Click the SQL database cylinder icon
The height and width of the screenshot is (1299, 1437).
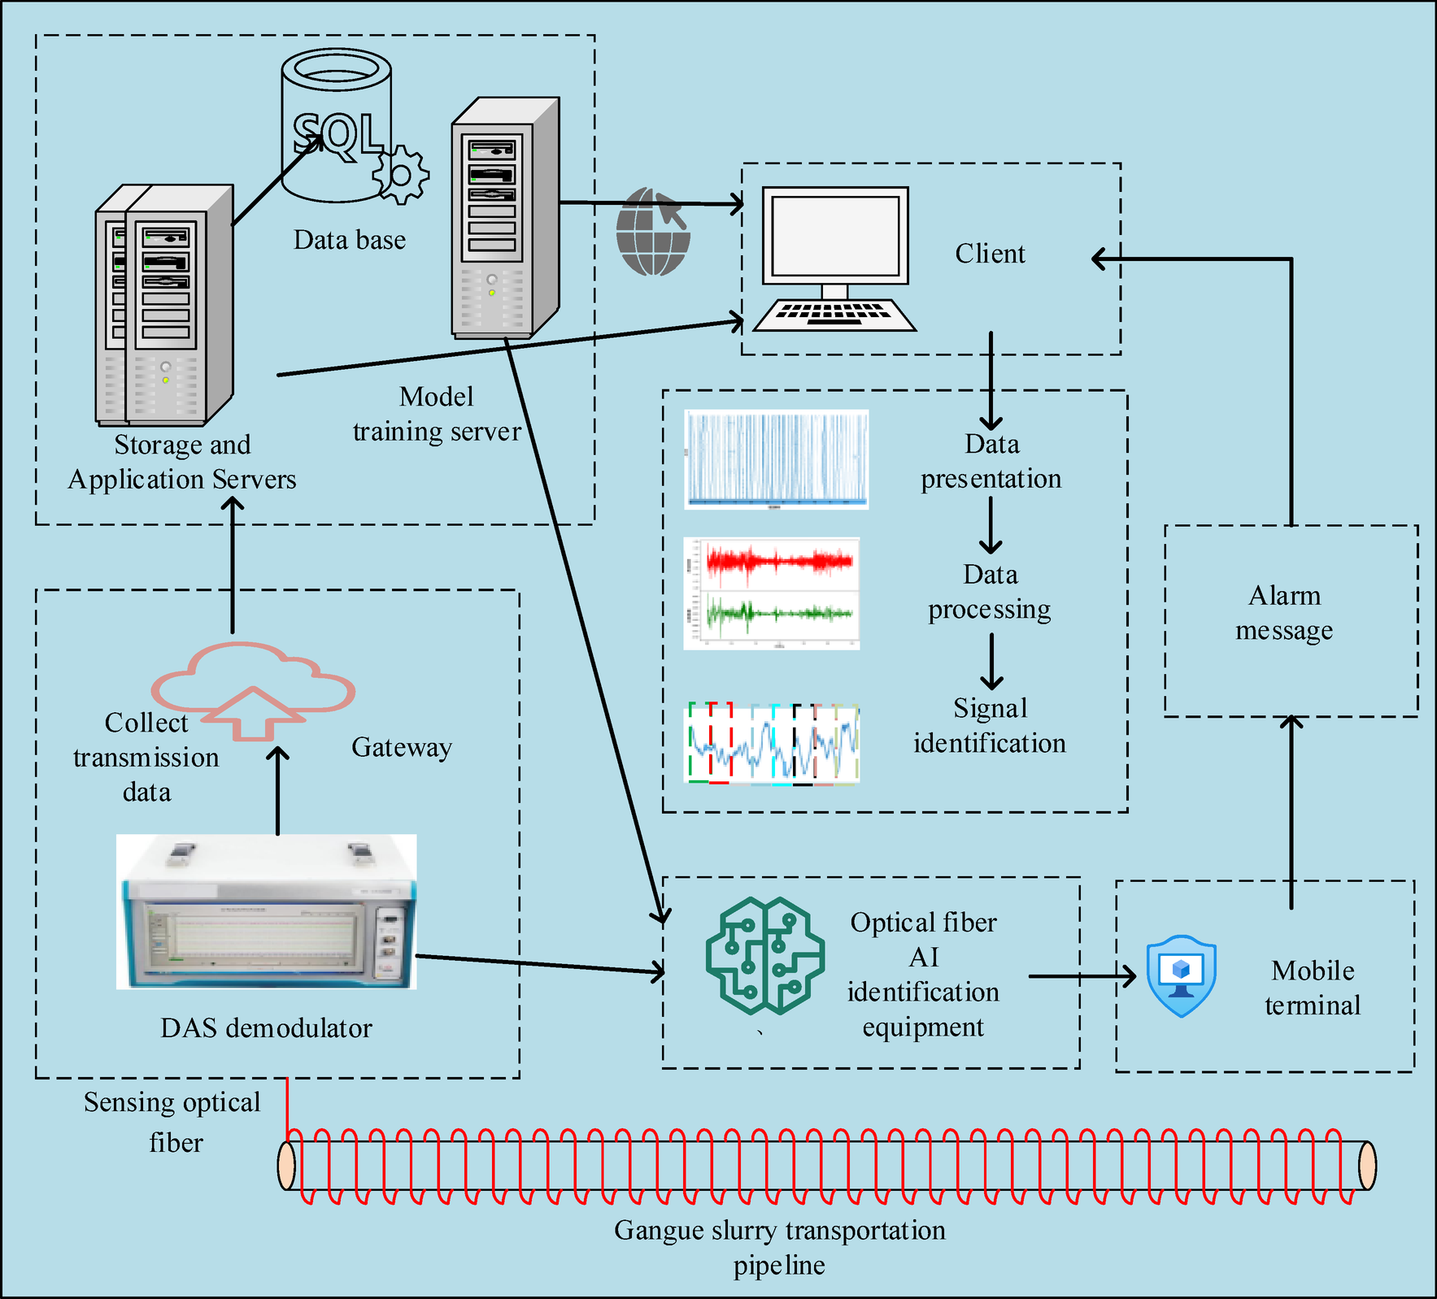(336, 122)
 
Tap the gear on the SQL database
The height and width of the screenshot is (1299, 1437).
(401, 175)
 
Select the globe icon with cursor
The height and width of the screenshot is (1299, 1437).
(652, 232)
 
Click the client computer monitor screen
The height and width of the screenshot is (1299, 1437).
(834, 236)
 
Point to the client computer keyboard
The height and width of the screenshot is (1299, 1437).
(834, 314)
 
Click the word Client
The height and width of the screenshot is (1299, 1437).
(990, 254)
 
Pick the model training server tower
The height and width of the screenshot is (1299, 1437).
(504, 218)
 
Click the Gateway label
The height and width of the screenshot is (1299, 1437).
(401, 747)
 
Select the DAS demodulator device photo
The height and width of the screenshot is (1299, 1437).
(267, 912)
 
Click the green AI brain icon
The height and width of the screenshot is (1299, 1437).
(764, 956)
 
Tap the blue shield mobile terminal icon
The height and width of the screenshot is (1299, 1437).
(1181, 975)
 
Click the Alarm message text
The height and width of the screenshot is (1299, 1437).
(1284, 613)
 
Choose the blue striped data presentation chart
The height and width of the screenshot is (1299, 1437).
(777, 460)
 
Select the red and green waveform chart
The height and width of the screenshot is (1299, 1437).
(772, 593)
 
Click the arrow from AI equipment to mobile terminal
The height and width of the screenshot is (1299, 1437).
(1082, 975)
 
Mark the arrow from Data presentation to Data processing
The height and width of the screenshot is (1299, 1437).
(991, 525)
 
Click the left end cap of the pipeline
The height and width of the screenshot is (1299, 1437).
(286, 1166)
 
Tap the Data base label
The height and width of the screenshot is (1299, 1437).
(350, 240)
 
